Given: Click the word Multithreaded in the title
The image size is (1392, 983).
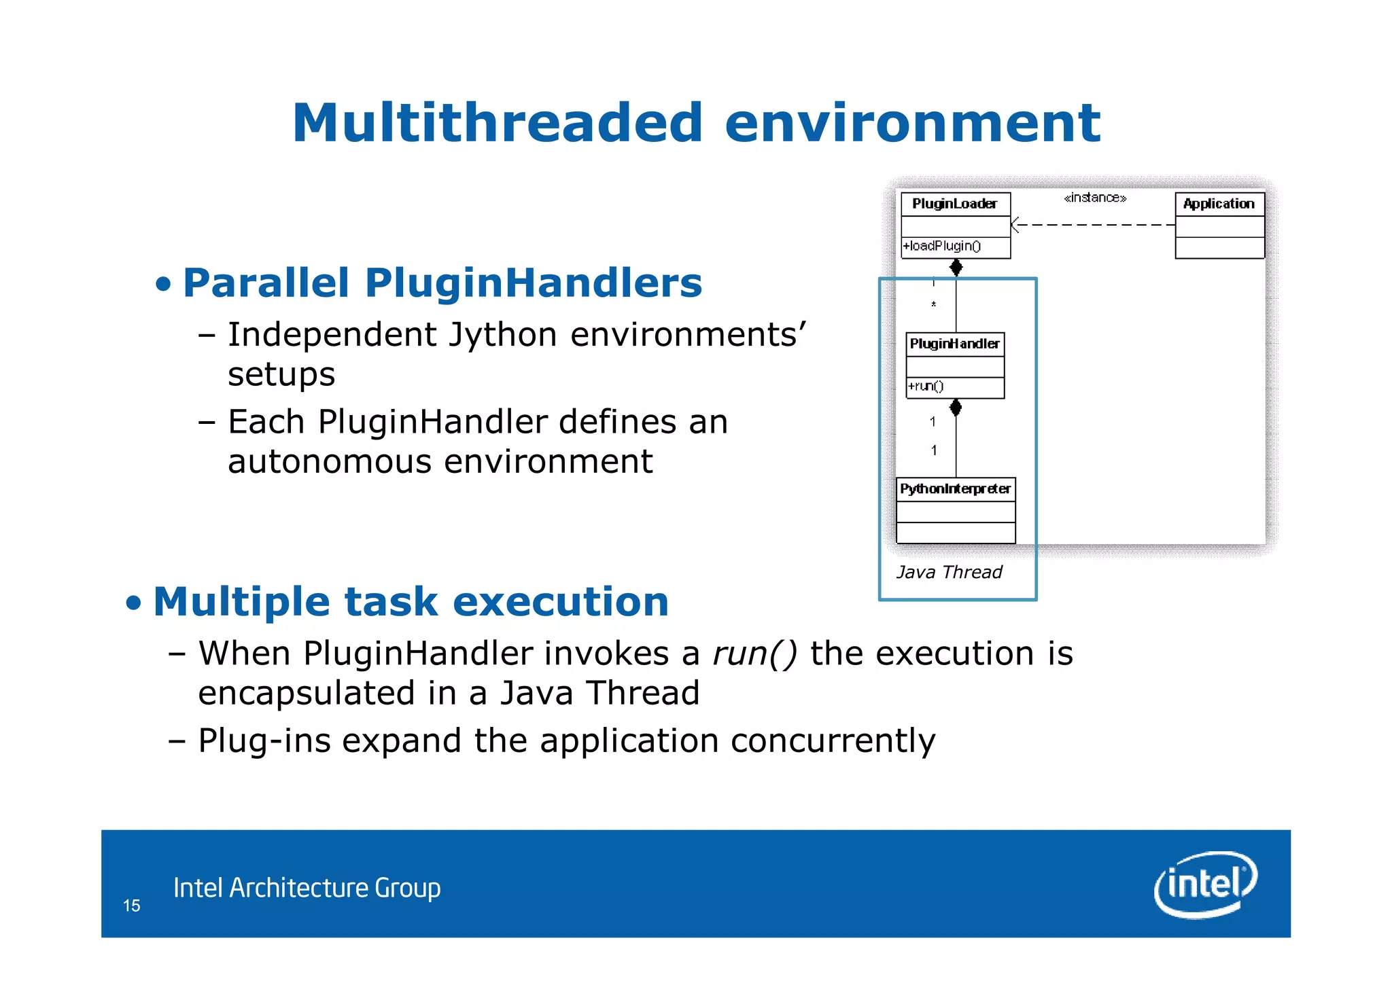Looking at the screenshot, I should coord(497,124).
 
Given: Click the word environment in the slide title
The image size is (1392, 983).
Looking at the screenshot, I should coord(911,124).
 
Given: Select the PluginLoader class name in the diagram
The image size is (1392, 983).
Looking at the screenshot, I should coord(954,204).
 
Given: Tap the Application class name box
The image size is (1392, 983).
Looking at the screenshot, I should coord(1219,204).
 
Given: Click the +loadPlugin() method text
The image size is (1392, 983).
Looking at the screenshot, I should coord(942,246).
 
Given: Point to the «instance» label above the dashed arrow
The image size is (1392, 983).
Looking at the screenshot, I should coord(1094,198).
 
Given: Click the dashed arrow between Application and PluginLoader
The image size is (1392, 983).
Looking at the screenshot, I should coord(1094,224).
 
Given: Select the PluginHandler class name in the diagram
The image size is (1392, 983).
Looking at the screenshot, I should coord(954,344).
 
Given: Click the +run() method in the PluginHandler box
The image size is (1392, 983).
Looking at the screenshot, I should coord(926,387).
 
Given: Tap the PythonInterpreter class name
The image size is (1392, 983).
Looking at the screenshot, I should coord(955,489).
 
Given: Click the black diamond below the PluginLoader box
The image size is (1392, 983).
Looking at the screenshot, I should coord(956,268).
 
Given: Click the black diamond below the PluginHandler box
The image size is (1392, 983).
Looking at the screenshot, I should coord(956,408).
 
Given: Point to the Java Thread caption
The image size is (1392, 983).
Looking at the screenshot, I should coord(949,572).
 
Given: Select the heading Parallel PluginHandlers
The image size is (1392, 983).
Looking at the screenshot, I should coord(442,283).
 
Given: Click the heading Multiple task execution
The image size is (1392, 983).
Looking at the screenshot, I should coord(411,602).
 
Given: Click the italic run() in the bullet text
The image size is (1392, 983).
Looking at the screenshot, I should coord(754,654).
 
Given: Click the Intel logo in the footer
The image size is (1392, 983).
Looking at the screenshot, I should coord(1204,884).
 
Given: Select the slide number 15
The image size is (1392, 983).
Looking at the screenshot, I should coord(131,906).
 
